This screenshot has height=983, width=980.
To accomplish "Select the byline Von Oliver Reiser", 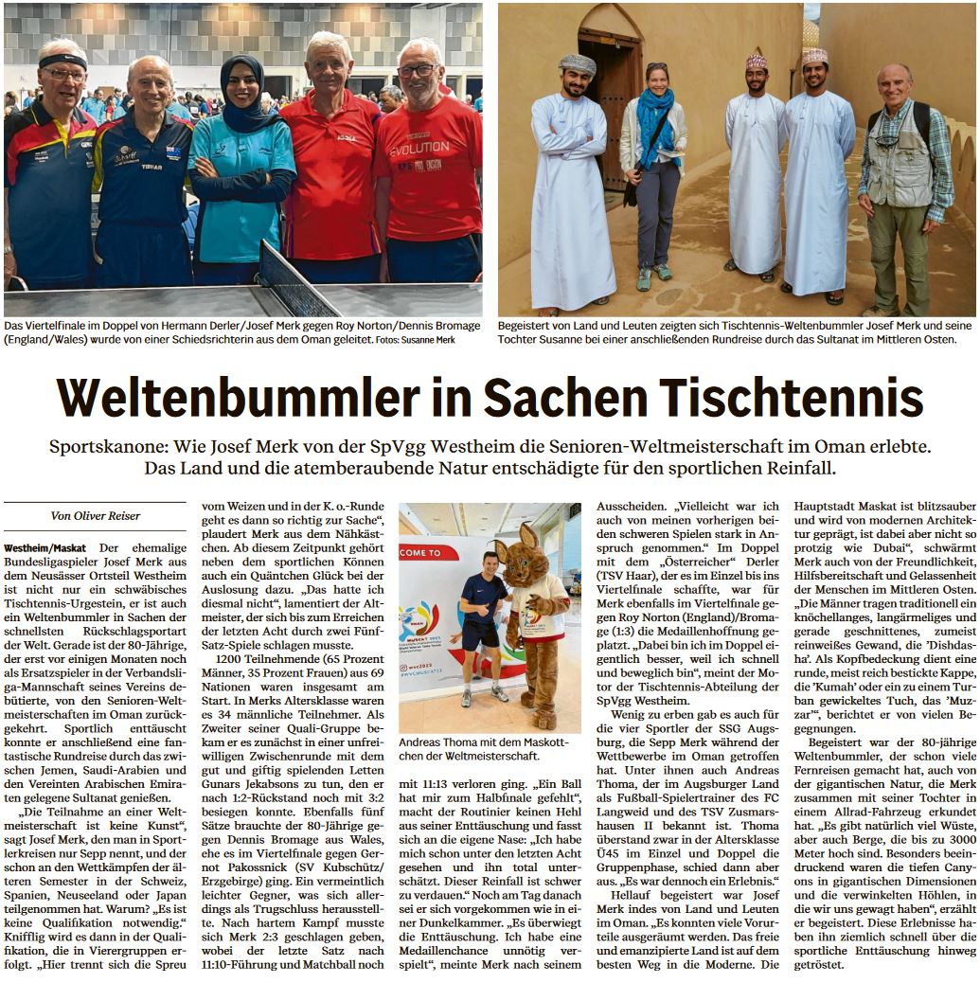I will [95, 515].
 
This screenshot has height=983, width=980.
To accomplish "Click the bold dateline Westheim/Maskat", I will [46, 548].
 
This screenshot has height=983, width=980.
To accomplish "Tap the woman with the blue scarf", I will [652, 170].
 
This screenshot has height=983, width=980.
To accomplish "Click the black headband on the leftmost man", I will [63, 61].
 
